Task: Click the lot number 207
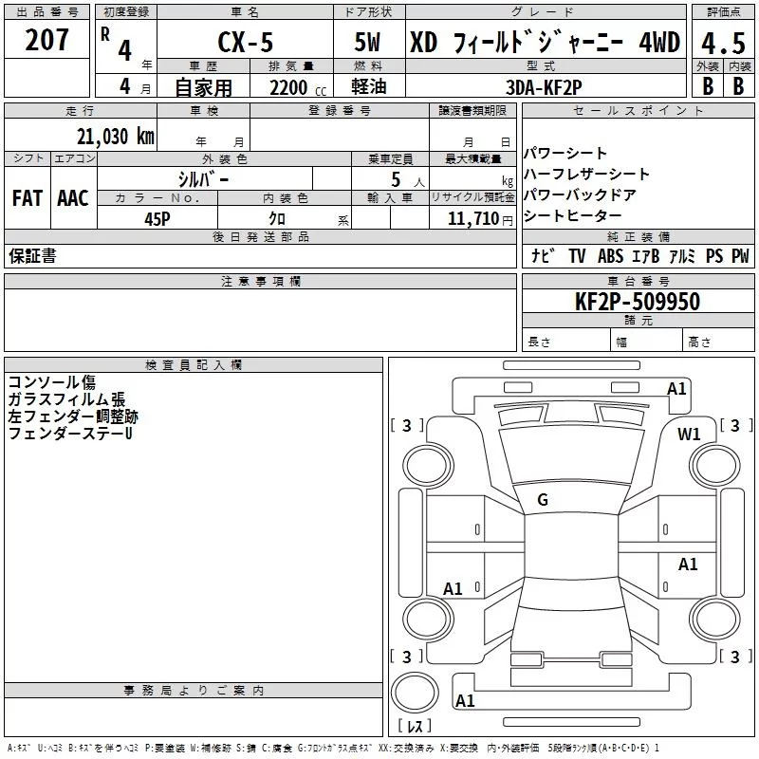[47, 41]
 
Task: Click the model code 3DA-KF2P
[545, 86]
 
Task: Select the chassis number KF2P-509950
[638, 302]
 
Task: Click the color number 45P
[157, 218]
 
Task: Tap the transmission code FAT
[28, 198]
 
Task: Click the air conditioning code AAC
[73, 198]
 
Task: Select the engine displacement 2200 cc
[288, 87]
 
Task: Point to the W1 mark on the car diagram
[689, 435]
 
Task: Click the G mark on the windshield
[543, 500]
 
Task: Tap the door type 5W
[370, 43]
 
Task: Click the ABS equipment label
[611, 256]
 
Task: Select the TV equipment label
[577, 256]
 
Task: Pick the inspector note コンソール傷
[52, 382]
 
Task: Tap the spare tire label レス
[415, 728]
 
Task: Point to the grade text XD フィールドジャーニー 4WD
[545, 43]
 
